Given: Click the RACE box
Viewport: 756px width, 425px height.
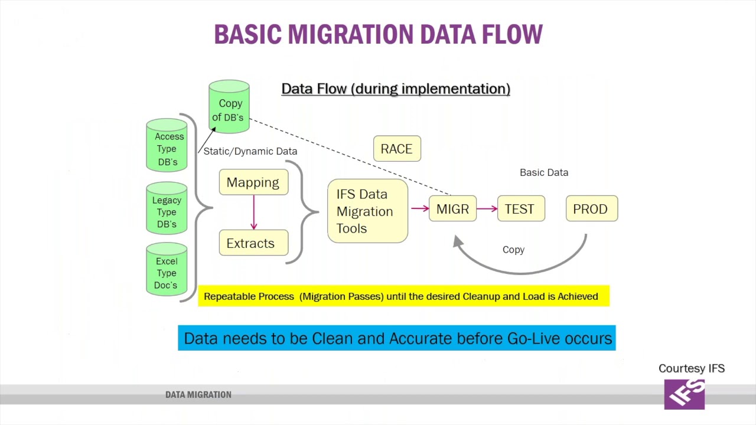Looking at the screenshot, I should [x=397, y=149].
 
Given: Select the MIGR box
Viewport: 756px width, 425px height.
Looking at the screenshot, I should [x=452, y=209].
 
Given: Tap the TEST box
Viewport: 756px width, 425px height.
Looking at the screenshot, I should [x=520, y=209].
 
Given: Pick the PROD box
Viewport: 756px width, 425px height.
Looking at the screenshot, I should [x=591, y=209].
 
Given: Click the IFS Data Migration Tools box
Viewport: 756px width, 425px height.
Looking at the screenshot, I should [x=367, y=211].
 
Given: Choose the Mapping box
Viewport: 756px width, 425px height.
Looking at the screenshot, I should [x=253, y=182].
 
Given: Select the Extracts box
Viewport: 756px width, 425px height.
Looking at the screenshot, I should [x=253, y=243].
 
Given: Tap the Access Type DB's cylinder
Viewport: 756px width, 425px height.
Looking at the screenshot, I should [x=167, y=146].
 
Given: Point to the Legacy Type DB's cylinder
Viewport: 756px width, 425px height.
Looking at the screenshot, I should [x=167, y=210].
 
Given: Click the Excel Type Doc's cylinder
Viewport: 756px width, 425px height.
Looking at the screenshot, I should [x=167, y=271].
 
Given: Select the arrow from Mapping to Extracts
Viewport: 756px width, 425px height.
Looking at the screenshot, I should [x=254, y=212].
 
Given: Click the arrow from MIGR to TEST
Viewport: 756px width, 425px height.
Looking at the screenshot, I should [x=487, y=208].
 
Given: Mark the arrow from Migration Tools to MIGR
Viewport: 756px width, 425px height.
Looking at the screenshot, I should [x=419, y=208].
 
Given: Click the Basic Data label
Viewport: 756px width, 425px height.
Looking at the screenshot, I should [x=544, y=172].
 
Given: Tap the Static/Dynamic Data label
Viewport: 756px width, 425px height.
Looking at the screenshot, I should [x=250, y=151].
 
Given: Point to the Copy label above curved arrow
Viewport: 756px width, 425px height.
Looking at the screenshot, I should [x=513, y=250].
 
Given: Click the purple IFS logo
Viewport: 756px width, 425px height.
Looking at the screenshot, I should [x=685, y=394].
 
